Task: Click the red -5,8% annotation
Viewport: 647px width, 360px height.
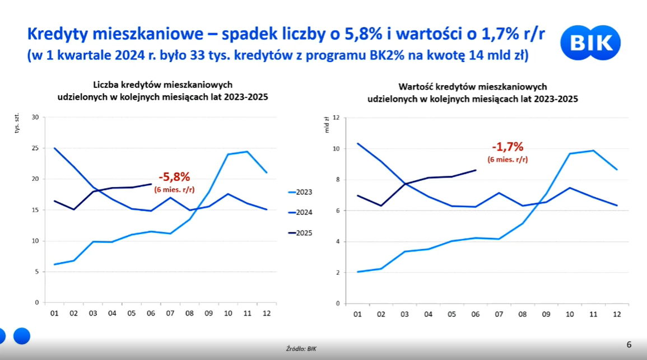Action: point(174,177)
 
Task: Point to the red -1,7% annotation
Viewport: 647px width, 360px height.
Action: point(508,147)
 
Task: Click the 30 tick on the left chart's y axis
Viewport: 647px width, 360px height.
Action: point(35,118)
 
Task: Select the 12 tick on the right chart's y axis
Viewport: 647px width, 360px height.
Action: point(337,118)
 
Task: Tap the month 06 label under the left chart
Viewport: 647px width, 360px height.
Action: point(151,313)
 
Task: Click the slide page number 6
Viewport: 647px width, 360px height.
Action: point(629,344)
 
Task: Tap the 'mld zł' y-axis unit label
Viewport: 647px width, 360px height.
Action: point(327,125)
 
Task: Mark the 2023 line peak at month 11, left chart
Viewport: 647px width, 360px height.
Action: point(247,152)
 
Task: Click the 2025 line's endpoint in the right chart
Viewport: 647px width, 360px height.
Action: point(476,170)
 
